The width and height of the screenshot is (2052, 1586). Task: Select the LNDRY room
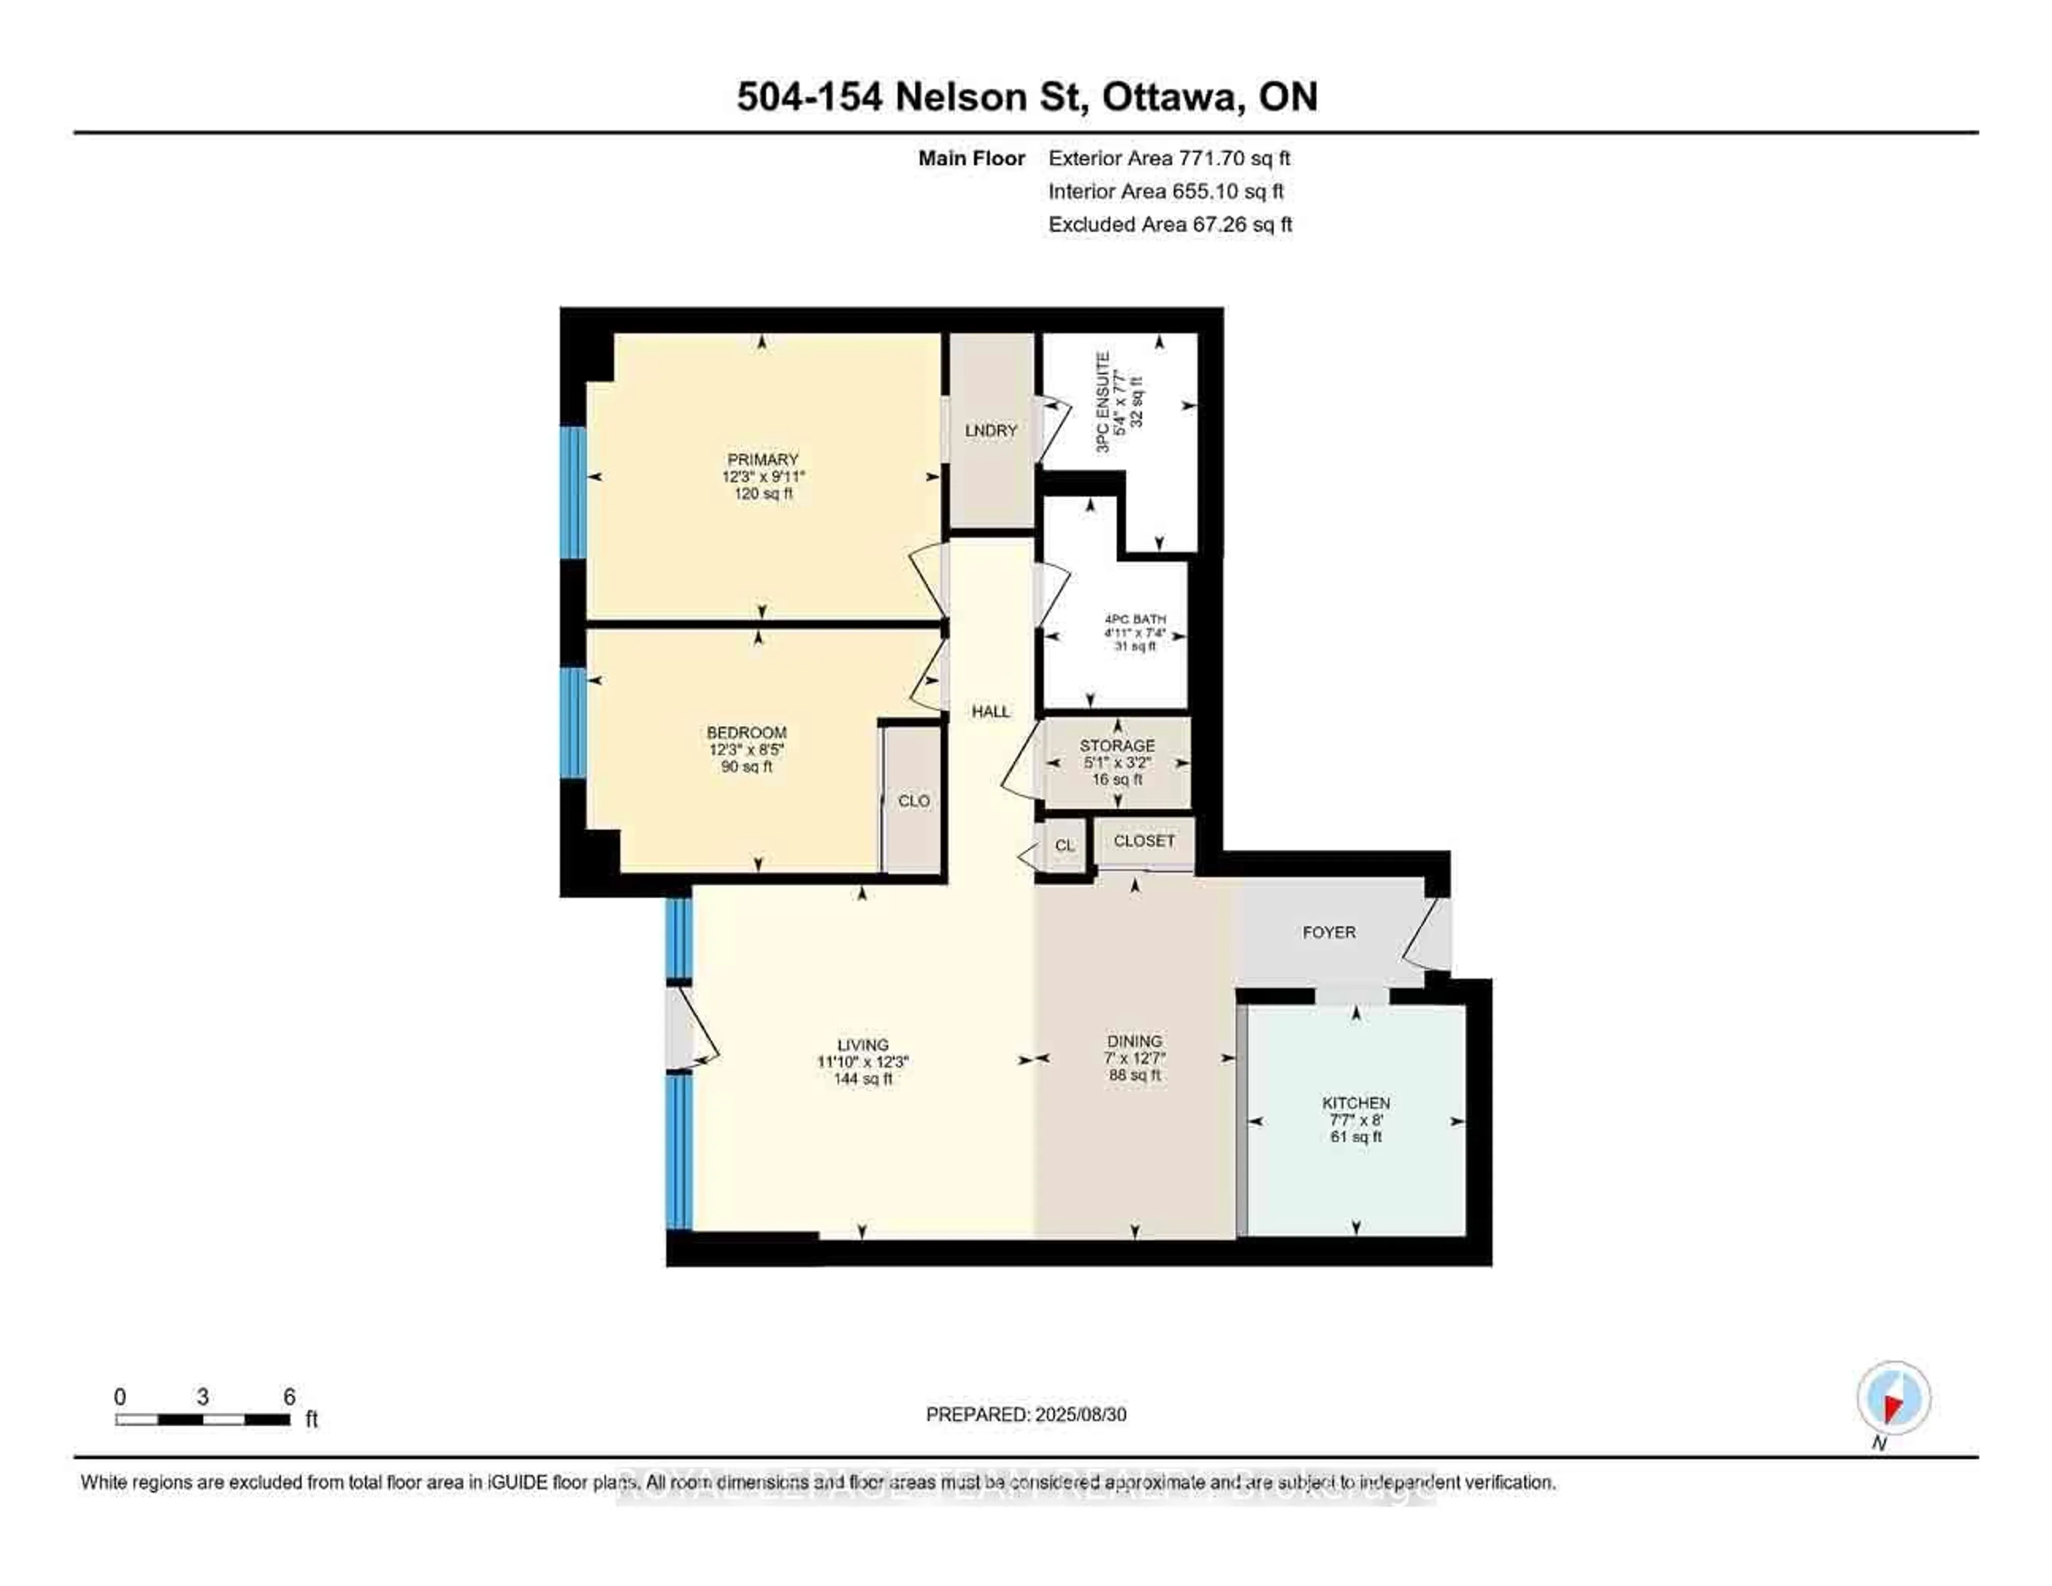tap(991, 430)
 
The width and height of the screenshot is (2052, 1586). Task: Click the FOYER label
tap(1328, 932)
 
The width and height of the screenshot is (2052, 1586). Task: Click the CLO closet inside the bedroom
tap(913, 800)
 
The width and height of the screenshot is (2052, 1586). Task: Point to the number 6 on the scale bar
tap(290, 1397)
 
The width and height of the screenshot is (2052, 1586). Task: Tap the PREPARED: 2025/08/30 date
tap(1026, 1414)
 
